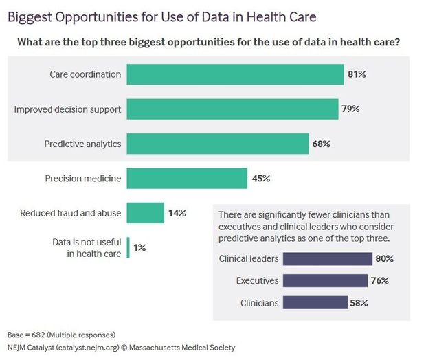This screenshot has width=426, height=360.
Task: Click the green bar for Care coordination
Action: click(x=235, y=74)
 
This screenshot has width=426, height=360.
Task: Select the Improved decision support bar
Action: click(x=232, y=109)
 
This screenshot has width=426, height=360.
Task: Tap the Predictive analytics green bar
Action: click(x=218, y=144)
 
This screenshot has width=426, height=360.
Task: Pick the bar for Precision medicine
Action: click(x=187, y=178)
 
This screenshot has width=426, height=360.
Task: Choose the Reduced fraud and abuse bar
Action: click(x=146, y=213)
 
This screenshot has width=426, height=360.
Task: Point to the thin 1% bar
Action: click(x=128, y=247)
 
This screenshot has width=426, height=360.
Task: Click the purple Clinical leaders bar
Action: click(x=327, y=259)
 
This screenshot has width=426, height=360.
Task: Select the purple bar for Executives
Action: click(x=325, y=281)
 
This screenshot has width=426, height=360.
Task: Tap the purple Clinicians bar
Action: click(x=315, y=303)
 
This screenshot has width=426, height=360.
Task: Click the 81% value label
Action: click(x=357, y=74)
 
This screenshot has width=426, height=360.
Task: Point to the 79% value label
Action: click(x=350, y=109)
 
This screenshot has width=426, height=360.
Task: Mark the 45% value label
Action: click(x=261, y=178)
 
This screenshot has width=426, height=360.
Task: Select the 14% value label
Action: click(x=177, y=213)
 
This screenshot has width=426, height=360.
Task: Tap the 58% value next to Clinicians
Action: click(x=359, y=303)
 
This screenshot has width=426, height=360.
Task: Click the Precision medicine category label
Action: click(x=83, y=178)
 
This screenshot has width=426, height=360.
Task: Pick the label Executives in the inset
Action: click(x=257, y=280)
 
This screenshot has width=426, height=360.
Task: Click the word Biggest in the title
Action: click(x=30, y=17)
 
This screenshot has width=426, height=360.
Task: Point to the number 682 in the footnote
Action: click(x=38, y=335)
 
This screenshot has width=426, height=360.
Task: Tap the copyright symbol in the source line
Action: click(x=124, y=348)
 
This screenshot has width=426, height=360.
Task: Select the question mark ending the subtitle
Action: click(x=397, y=42)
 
